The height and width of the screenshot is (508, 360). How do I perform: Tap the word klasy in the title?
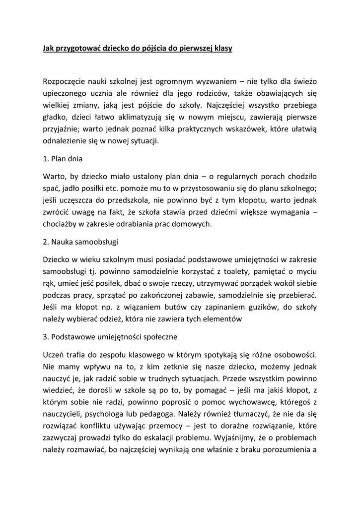click(221, 49)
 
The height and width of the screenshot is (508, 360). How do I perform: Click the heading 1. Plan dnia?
click(63, 159)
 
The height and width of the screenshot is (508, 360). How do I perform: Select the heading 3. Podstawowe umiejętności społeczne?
click(110, 337)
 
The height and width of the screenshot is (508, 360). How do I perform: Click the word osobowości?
click(296, 355)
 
